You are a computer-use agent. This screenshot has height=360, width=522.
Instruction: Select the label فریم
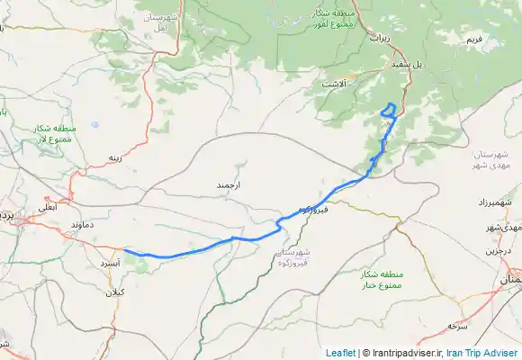coord(473,41)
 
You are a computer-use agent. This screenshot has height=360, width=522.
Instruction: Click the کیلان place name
coord(115,292)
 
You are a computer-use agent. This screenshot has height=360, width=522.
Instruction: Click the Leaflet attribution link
coord(340,353)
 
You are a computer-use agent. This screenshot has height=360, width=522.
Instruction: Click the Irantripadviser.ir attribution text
coord(404,353)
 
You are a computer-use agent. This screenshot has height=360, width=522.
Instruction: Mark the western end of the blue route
coord(124,250)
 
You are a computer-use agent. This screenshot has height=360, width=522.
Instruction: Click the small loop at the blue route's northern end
coord(389,110)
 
